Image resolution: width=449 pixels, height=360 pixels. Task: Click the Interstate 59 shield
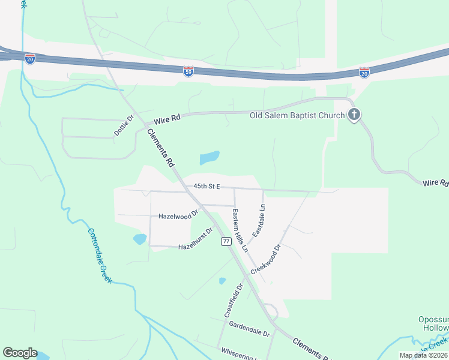pos(188,71)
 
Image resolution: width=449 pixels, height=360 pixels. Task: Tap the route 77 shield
pos(226,241)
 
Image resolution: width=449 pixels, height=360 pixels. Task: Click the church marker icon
pos(354,114)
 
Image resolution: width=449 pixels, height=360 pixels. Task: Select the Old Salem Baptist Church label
pos(297,115)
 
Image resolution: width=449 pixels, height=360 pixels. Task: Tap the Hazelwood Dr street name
pos(178,215)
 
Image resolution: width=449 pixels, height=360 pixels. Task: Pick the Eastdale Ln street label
pos(259,221)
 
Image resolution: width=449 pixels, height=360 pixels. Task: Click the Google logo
pos(20,353)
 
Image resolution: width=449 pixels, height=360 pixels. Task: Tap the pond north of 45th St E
pos(209,158)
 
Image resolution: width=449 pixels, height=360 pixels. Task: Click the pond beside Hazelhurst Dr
pos(140,239)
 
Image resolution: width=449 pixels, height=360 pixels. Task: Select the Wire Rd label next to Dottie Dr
pos(167,120)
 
